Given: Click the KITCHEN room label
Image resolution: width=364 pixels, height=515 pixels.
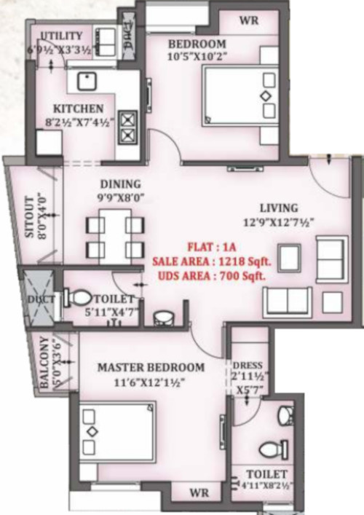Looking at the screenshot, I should [x=83, y=109].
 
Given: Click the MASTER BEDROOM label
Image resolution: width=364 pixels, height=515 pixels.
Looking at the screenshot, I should [x=151, y=367].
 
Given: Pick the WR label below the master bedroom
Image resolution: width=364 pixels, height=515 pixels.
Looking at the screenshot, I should [x=199, y=492].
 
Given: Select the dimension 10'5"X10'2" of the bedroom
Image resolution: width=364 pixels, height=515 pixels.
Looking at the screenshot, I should [x=197, y=55].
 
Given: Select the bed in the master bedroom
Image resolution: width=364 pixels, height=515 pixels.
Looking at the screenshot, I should [x=116, y=441].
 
